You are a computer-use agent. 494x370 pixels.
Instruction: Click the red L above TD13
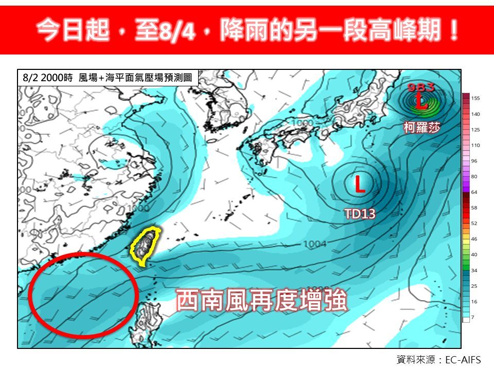tap(360, 184)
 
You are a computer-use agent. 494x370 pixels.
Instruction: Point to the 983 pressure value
tap(421, 87)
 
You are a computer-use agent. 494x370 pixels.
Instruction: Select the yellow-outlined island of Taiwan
tap(146, 246)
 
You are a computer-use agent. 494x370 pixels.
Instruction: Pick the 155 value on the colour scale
tap(475, 98)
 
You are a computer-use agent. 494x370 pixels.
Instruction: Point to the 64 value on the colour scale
tap(474, 192)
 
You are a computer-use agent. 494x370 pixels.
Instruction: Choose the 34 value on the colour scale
tap(474, 270)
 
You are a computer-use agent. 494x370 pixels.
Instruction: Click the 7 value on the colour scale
tap(473, 318)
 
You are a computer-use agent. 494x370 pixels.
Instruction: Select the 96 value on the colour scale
tap(474, 161)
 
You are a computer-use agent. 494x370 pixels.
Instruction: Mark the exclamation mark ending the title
tap(453, 32)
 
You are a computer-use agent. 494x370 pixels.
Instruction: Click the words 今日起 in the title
tap(72, 32)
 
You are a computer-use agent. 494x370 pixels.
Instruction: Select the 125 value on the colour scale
tap(475, 129)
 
